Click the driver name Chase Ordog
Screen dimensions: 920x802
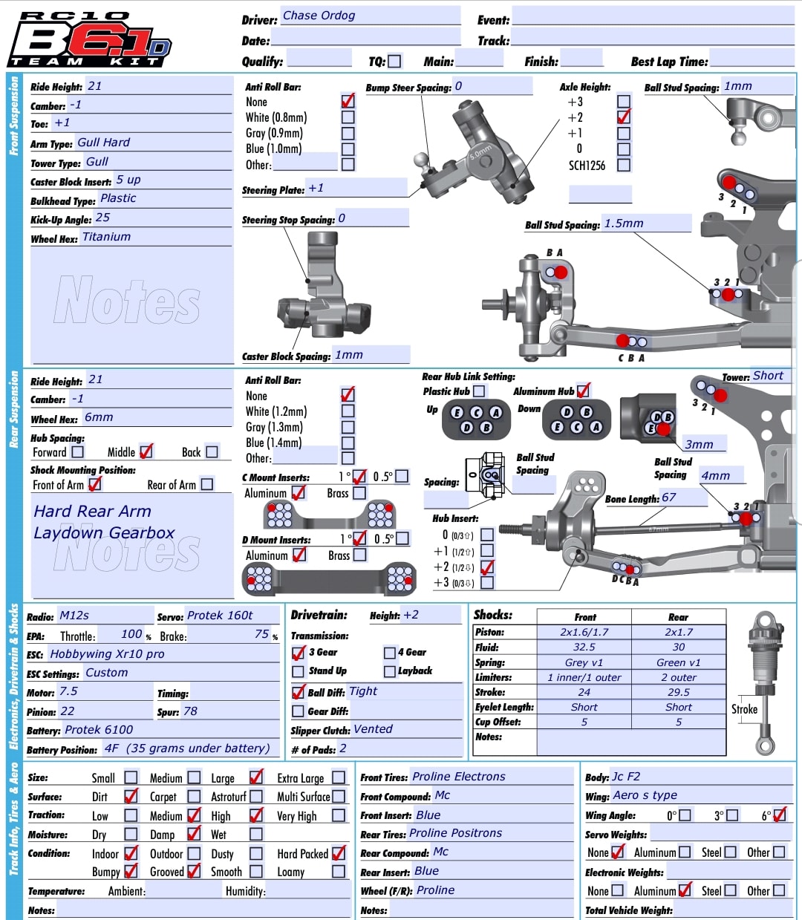click(x=319, y=16)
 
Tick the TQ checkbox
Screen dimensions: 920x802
click(x=394, y=62)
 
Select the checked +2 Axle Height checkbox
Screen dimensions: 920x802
click(x=624, y=117)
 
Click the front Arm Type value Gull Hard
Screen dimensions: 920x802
click(x=103, y=143)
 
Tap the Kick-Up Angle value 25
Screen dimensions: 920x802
click(x=102, y=218)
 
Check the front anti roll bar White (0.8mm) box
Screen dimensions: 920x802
click(x=348, y=117)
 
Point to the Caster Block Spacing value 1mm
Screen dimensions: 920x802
click(x=349, y=355)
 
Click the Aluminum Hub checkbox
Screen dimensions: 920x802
click(x=583, y=390)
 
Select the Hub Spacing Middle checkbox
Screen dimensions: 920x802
click(x=146, y=451)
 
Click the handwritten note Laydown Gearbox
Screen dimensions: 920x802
click(x=104, y=533)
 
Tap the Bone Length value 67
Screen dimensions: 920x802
click(x=669, y=497)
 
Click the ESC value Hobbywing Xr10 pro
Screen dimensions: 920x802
click(x=107, y=654)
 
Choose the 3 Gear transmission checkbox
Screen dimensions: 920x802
click(x=299, y=653)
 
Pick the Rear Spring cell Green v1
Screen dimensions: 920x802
click(x=678, y=662)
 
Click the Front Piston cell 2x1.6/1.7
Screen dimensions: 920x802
click(x=584, y=633)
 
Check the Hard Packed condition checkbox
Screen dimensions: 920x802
click(x=339, y=853)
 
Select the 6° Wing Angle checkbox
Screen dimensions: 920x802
click(x=779, y=815)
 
